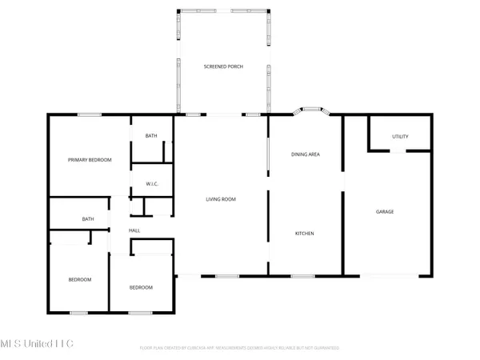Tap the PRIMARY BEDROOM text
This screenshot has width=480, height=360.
click(x=88, y=160)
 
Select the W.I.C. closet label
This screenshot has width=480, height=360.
click(x=152, y=185)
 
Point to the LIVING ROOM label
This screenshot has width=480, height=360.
click(x=221, y=199)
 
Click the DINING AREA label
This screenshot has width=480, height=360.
click(x=305, y=154)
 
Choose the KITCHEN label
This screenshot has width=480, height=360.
click(x=304, y=234)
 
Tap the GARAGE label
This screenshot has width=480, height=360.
click(x=385, y=211)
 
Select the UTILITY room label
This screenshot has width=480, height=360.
click(x=400, y=137)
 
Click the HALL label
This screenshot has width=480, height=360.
click(x=135, y=230)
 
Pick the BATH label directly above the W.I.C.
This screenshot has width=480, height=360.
click(x=151, y=136)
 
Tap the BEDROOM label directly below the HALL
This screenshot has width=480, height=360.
click(x=141, y=287)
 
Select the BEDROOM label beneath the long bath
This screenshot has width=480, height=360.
click(x=79, y=279)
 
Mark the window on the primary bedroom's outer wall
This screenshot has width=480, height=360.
click(x=89, y=115)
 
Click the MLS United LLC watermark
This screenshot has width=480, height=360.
click(x=38, y=343)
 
